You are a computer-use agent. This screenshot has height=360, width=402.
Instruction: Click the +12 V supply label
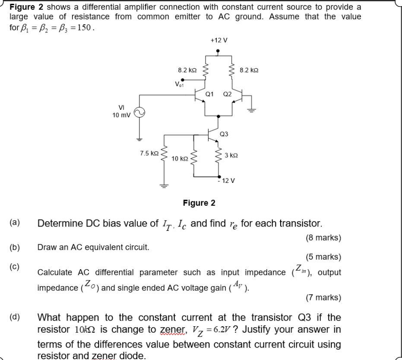(218, 40)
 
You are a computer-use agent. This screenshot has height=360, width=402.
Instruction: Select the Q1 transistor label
(209, 93)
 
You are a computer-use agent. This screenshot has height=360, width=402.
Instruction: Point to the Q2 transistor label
(227, 93)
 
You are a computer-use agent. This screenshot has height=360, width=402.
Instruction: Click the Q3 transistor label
(224, 134)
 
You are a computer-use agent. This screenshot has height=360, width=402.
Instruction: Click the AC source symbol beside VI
(139, 113)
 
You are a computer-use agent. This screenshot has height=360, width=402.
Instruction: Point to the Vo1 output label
(178, 83)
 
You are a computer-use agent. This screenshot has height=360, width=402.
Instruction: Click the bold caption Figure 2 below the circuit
(199, 203)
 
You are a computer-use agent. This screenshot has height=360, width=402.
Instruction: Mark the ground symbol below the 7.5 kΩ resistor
(164, 184)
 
